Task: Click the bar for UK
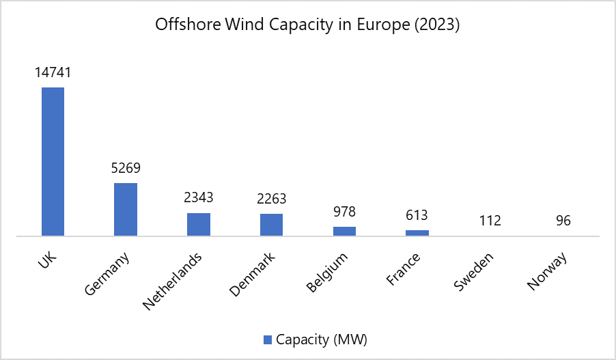[53, 161]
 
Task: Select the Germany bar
[126, 209]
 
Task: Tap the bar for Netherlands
[199, 224]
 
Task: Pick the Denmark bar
[271, 225]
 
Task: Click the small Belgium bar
[344, 231]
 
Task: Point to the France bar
[417, 233]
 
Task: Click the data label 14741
[53, 72]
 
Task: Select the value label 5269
[126, 167]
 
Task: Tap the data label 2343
[199, 198]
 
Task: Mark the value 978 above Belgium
[344, 211]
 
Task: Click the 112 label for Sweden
[490, 221]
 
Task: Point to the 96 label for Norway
[563, 221]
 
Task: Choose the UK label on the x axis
[42, 260]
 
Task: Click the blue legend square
[267, 339]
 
